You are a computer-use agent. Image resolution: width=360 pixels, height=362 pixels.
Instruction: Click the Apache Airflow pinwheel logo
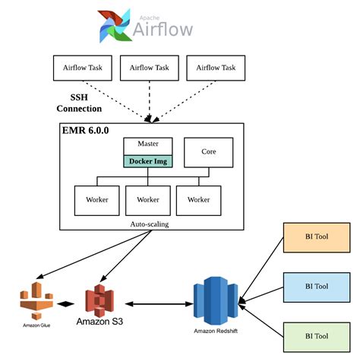(x=114, y=26)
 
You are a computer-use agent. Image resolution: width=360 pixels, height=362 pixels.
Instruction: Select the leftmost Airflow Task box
(x=83, y=68)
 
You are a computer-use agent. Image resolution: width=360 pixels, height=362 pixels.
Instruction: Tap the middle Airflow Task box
(x=150, y=68)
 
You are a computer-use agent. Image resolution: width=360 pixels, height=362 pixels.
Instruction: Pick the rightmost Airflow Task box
(x=216, y=68)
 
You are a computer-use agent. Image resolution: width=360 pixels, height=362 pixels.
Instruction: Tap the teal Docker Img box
(x=149, y=160)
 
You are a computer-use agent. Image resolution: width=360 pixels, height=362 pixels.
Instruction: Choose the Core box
(x=208, y=151)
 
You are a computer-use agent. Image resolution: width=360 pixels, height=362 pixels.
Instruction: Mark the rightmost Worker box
(x=198, y=200)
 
